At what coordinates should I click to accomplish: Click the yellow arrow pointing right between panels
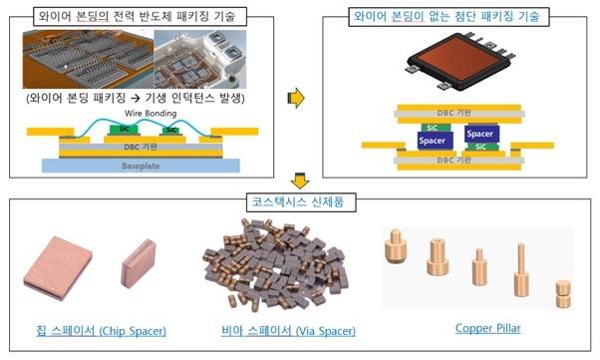295,97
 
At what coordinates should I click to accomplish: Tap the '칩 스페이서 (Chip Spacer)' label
96,328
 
